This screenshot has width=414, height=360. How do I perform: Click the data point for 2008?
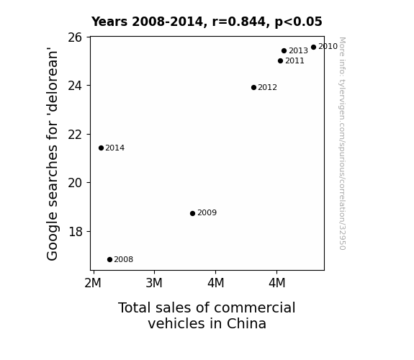click(110, 260)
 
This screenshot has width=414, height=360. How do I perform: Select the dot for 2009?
click(192, 213)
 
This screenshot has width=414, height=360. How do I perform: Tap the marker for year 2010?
click(313, 48)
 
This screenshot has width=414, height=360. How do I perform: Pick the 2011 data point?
click(280, 61)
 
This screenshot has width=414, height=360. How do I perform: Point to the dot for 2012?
click(253, 87)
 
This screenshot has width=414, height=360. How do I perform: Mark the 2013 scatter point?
click(284, 50)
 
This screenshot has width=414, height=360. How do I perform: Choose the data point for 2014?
click(101, 148)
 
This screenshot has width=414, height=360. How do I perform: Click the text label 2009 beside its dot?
click(207, 212)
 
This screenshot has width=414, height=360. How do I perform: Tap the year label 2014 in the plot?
click(115, 148)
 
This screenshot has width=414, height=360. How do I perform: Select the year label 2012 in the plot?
click(267, 87)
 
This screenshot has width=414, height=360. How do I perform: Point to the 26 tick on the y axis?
click(75, 37)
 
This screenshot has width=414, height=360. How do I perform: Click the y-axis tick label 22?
click(75, 135)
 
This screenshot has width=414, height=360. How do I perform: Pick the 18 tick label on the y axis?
click(76, 232)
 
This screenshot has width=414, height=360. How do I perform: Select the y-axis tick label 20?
click(75, 183)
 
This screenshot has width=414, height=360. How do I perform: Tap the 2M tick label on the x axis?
click(93, 283)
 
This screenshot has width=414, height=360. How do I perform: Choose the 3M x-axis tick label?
click(154, 283)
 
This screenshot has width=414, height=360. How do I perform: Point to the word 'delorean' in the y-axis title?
click(52, 79)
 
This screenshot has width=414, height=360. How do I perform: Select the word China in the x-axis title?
click(246, 323)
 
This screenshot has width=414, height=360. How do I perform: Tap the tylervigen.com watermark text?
click(342, 143)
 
